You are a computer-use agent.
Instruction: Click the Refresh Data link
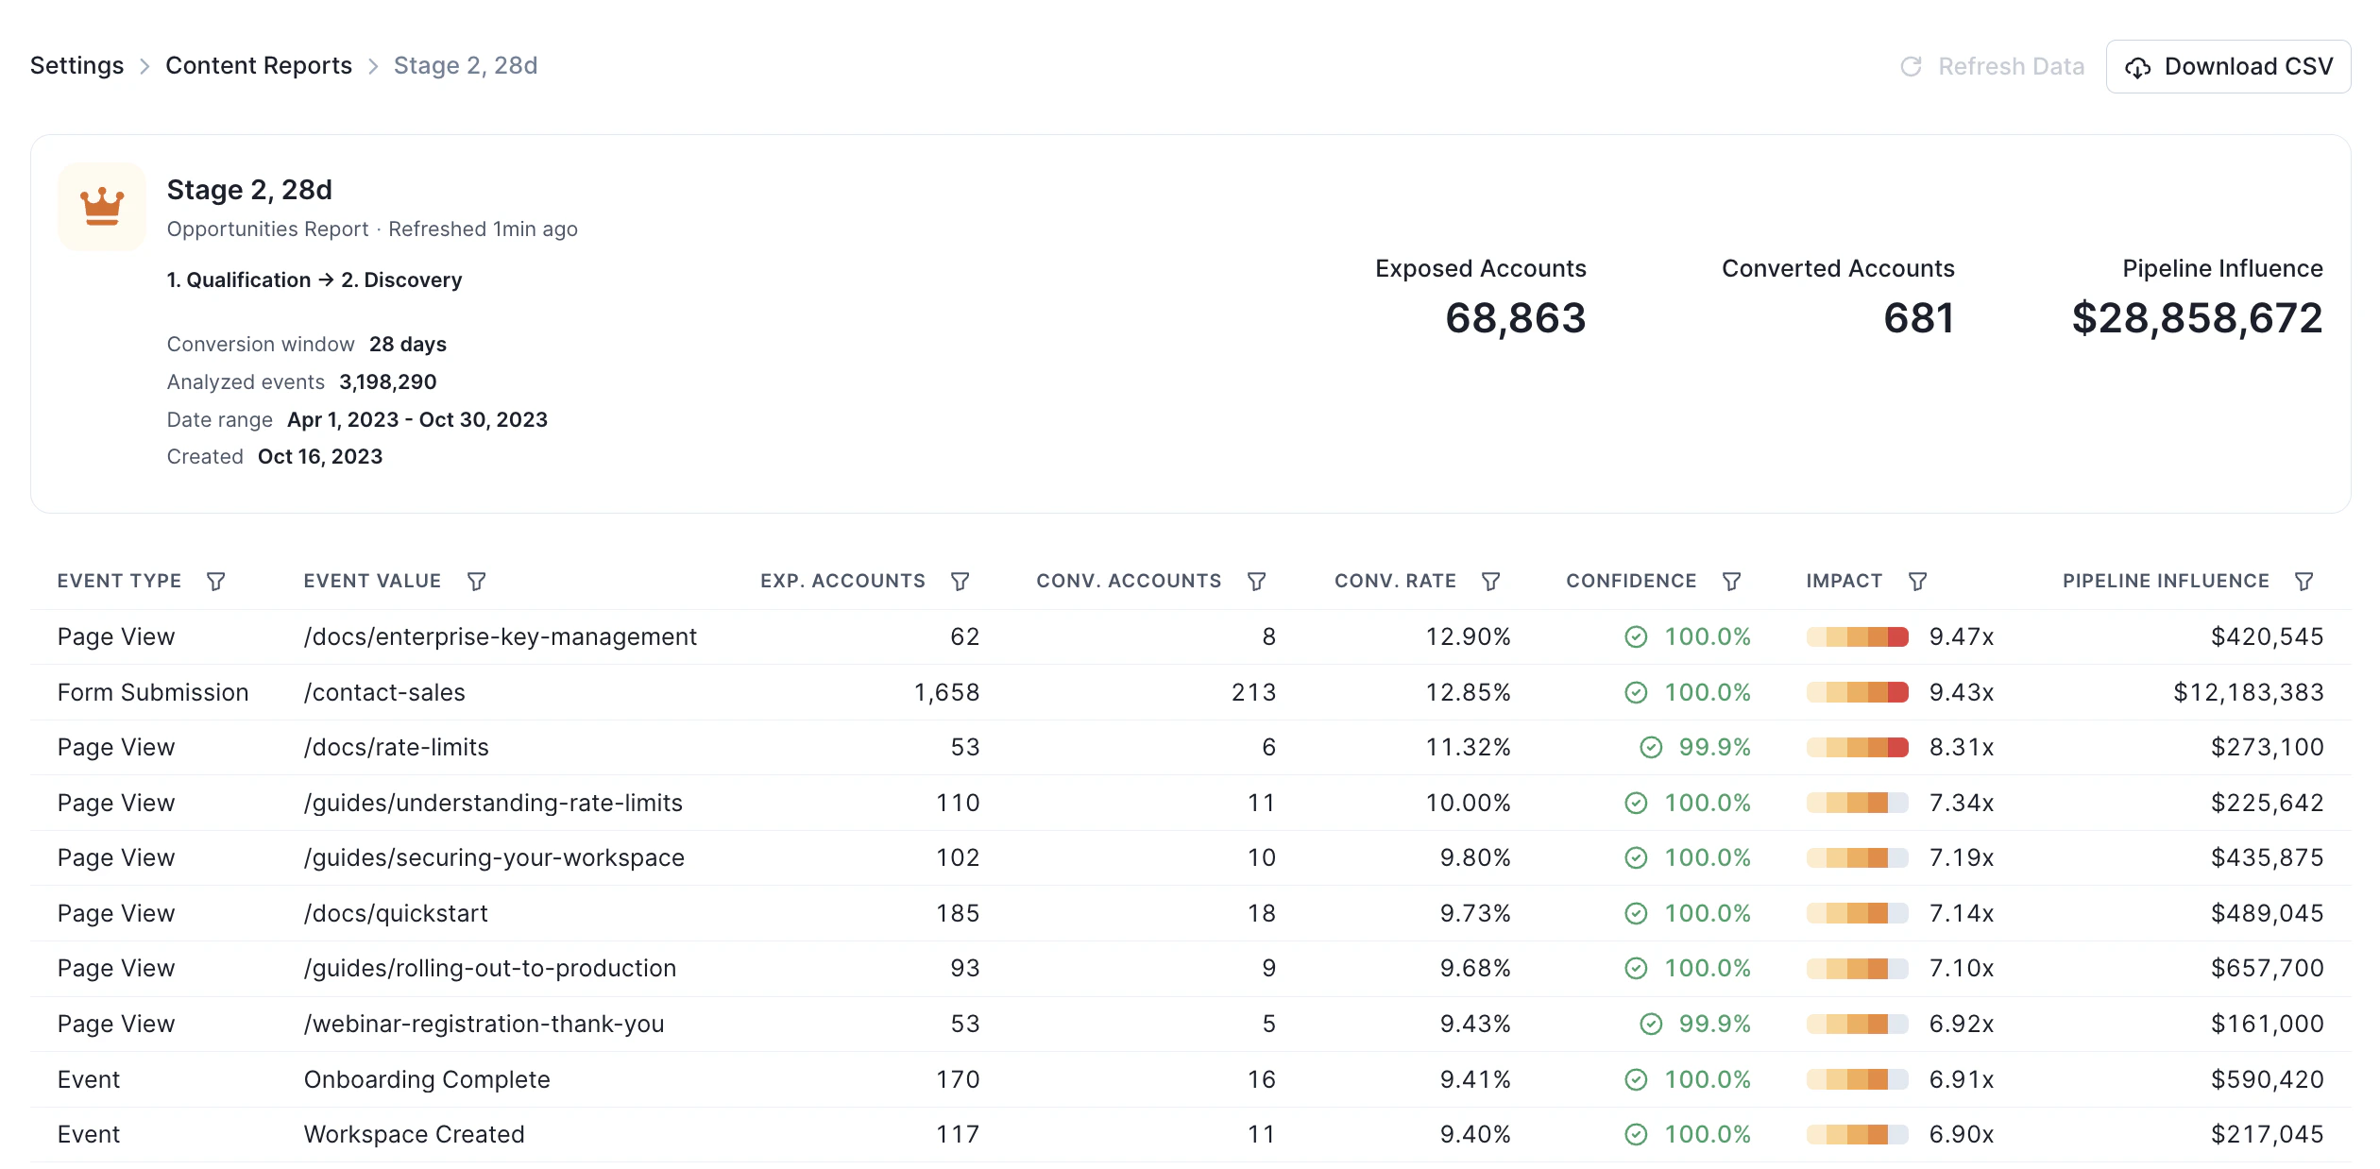click(1992, 66)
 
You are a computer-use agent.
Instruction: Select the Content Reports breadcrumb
click(258, 65)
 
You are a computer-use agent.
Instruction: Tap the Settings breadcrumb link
click(76, 65)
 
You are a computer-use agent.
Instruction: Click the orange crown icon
click(102, 206)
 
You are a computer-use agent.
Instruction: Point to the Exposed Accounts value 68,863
click(1515, 318)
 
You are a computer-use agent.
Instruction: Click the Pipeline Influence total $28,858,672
click(2196, 318)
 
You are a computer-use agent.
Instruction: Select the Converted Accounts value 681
click(1917, 318)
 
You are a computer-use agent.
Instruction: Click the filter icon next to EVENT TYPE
click(215, 582)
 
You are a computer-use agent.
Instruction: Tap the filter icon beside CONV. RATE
click(1490, 582)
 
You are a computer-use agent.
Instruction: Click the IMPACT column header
click(1844, 581)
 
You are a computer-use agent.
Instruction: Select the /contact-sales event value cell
click(384, 692)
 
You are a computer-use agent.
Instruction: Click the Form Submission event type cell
click(153, 692)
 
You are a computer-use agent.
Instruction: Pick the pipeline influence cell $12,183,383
click(2248, 692)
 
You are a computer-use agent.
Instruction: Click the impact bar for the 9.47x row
click(1857, 637)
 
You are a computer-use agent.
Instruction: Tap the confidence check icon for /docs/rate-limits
click(1650, 748)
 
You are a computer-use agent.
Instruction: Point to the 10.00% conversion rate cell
click(1468, 803)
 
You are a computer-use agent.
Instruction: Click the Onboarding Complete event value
click(427, 1079)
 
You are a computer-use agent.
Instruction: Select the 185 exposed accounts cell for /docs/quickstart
click(957, 913)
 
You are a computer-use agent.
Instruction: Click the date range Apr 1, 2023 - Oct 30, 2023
click(417, 419)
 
